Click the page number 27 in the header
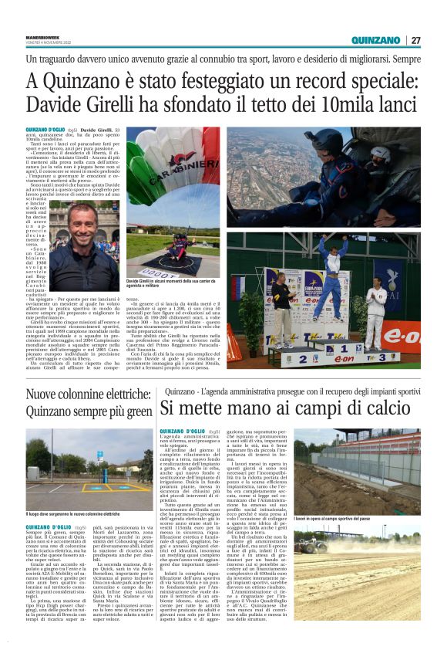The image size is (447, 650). click(415, 40)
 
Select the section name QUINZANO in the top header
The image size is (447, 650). click(375, 40)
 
